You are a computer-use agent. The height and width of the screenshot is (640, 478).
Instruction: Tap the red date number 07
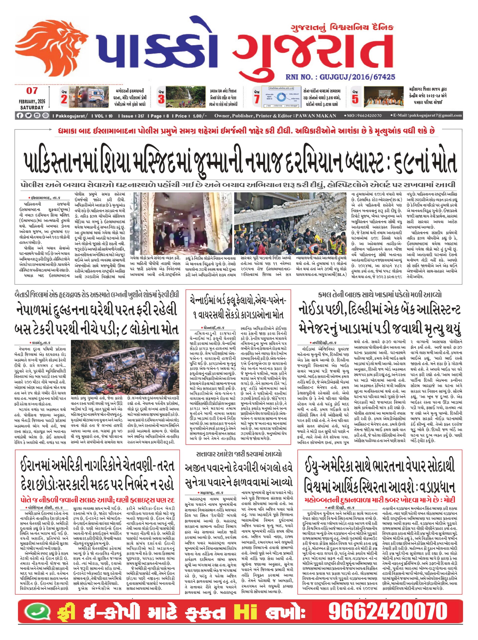pyautogui.click(x=32, y=91)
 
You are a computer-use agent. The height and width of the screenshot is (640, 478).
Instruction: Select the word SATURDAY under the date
pyautogui.click(x=32, y=107)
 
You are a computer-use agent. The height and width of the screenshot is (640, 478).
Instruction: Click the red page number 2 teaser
pyautogui.click(x=64, y=99)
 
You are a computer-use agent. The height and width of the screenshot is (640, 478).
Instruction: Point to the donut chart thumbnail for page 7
pyautogui.click(x=281, y=97)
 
